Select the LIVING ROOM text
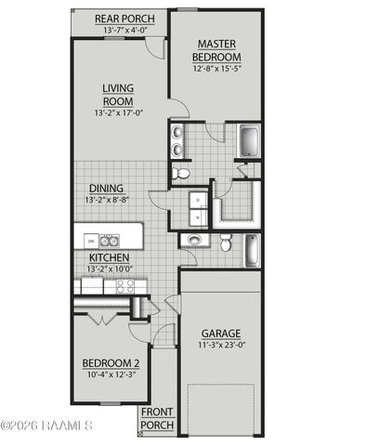pos(119,95)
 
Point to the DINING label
pos(105,187)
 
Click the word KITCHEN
pos(110,257)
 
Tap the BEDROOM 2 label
pos(110,362)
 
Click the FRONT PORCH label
pos(156,418)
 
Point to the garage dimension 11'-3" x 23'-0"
pos(222,346)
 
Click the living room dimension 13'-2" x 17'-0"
pos(119,113)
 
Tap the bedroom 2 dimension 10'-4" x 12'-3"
pos(110,374)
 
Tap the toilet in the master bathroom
pos(182,173)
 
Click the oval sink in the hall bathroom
pos(194,241)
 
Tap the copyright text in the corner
pos(46,426)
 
